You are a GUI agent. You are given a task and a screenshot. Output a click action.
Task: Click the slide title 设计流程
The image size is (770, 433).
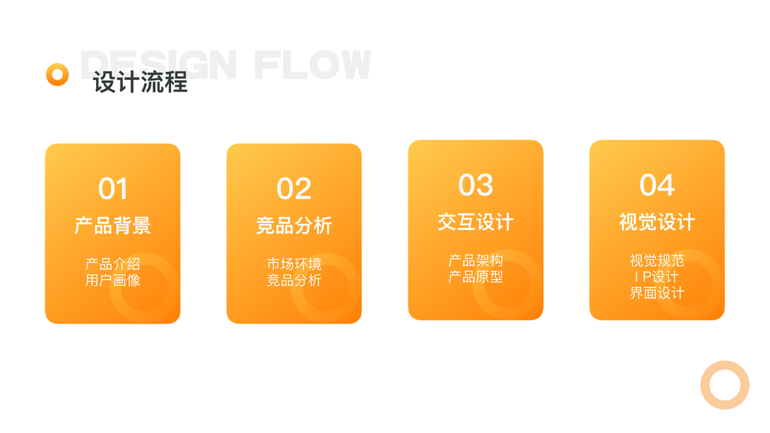coord(140,82)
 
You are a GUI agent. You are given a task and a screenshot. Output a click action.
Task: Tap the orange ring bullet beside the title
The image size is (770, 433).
coord(57,74)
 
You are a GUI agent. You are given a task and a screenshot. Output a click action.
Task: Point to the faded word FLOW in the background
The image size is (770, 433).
coord(312,65)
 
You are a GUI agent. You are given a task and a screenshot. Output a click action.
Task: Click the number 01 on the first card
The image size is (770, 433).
coord(113,189)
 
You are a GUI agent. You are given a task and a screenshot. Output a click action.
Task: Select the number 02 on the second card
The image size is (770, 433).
coord(294,189)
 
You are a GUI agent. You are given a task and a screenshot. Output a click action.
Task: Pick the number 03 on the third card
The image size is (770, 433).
coord(476,185)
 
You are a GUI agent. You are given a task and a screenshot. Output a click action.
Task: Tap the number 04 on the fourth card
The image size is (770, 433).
coord(657,185)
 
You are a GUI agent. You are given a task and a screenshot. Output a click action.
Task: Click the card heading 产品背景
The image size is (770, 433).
coord(113,226)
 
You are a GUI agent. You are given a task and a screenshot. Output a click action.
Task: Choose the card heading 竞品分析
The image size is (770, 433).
coord(294,226)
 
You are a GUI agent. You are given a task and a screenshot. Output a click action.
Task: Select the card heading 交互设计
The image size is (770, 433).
coord(476,222)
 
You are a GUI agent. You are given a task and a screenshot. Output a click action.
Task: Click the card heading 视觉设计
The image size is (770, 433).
coord(657,222)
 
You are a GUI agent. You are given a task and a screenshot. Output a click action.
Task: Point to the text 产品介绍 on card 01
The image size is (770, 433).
coord(113,264)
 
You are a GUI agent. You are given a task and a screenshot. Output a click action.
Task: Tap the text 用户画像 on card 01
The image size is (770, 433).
coord(113,280)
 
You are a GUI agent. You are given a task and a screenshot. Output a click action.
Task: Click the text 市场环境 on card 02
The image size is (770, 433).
coord(294,264)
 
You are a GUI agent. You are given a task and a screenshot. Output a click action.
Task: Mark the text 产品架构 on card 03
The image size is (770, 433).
coord(476,261)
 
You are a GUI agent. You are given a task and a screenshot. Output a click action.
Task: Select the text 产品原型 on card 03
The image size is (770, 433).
coord(476,276)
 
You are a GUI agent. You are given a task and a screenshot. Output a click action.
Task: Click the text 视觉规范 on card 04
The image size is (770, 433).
coord(657,261)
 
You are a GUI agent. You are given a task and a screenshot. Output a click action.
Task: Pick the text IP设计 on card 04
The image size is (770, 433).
coord(657,276)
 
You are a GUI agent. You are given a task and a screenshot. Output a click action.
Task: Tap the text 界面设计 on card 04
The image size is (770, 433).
coord(657,292)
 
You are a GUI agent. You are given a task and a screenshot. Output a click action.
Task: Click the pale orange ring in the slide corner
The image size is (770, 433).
coord(725,385)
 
